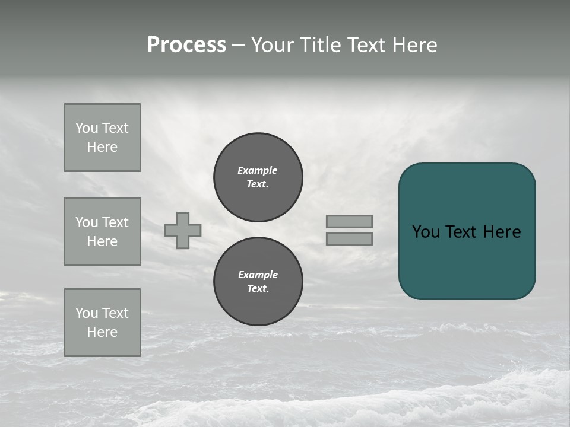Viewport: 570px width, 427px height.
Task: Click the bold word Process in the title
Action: click(186, 45)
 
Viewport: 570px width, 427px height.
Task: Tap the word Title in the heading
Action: click(318, 45)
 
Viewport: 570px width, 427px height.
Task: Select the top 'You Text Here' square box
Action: click(102, 138)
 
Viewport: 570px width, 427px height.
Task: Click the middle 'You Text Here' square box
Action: click(102, 231)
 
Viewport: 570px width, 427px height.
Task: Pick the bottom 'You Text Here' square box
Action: click(102, 323)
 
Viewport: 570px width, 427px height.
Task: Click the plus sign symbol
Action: click(183, 230)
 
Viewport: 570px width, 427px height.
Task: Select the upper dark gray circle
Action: click(258, 177)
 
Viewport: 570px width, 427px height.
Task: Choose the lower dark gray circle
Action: click(258, 282)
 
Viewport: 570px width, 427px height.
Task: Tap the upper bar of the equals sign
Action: click(349, 221)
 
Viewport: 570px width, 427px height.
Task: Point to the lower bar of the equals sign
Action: click(349, 239)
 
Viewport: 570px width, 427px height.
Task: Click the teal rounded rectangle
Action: click(467, 231)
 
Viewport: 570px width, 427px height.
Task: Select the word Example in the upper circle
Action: click(257, 170)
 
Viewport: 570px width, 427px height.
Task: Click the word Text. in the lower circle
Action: click(258, 289)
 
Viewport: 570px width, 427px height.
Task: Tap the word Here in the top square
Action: click(102, 147)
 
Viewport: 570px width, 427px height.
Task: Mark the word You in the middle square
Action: click(86, 222)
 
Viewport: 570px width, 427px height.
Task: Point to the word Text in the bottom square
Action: click(115, 313)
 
